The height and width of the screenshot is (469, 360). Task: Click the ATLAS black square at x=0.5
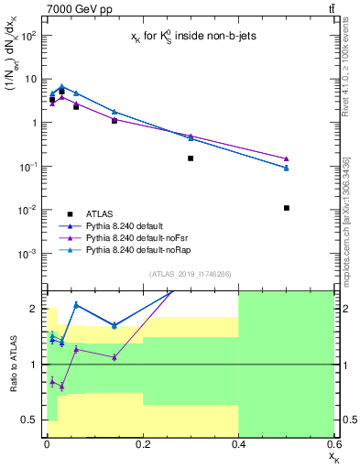(x=287, y=208)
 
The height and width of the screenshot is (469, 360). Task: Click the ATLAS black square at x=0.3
(x=191, y=158)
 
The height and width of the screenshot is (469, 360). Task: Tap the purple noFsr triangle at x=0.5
(x=287, y=158)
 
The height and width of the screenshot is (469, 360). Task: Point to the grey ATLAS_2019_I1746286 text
(x=190, y=274)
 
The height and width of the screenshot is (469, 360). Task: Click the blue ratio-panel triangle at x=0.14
(x=115, y=325)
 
